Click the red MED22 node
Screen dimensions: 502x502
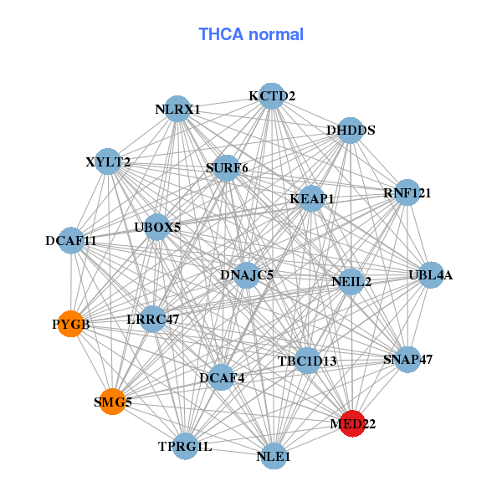353,423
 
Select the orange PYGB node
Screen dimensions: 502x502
71,323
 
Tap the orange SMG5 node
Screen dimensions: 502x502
112,402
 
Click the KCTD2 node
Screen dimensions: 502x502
270,96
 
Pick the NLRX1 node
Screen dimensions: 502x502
177,109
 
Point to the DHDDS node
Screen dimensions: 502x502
350,131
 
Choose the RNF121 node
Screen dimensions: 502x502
407,192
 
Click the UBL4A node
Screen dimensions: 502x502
430,275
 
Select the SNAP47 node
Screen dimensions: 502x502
407,360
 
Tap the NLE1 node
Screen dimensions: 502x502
274,456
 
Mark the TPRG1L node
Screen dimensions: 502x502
186,446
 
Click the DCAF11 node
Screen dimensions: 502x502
72,240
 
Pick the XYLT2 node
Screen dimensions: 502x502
108,161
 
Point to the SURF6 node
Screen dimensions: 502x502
227,168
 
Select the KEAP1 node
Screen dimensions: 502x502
312,198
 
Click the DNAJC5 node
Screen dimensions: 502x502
247,274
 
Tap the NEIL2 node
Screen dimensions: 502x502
351,281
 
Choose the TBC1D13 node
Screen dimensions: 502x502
307,361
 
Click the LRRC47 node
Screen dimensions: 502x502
153,319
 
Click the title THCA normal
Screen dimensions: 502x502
251,35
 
